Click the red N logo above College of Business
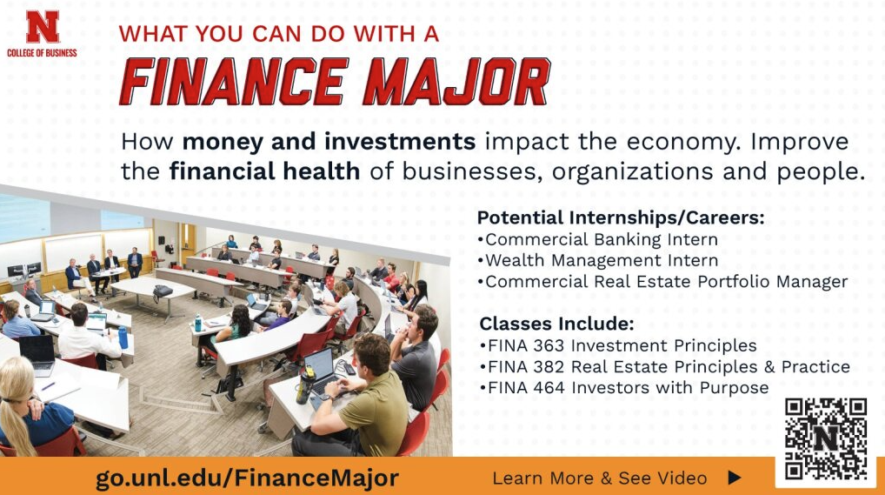pos(42,26)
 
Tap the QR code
pos(825,439)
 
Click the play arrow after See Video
pos(734,478)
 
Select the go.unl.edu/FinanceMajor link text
pos(248,478)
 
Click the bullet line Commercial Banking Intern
pos(601,239)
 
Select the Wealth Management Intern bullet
pos(601,260)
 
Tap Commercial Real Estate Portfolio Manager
pos(665,281)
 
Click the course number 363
pos(539,345)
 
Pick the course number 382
pos(540,366)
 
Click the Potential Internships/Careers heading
pos(621,217)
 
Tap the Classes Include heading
pos(556,324)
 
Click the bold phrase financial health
pos(264,171)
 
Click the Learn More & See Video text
pos(599,478)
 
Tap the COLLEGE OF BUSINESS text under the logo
pos(42,53)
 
